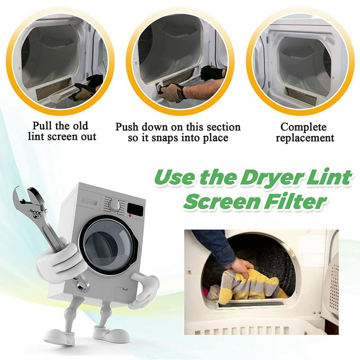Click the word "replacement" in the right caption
[305, 138]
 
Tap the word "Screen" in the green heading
[226, 202]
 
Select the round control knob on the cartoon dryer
[114, 205]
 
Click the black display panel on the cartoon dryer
[135, 209]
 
